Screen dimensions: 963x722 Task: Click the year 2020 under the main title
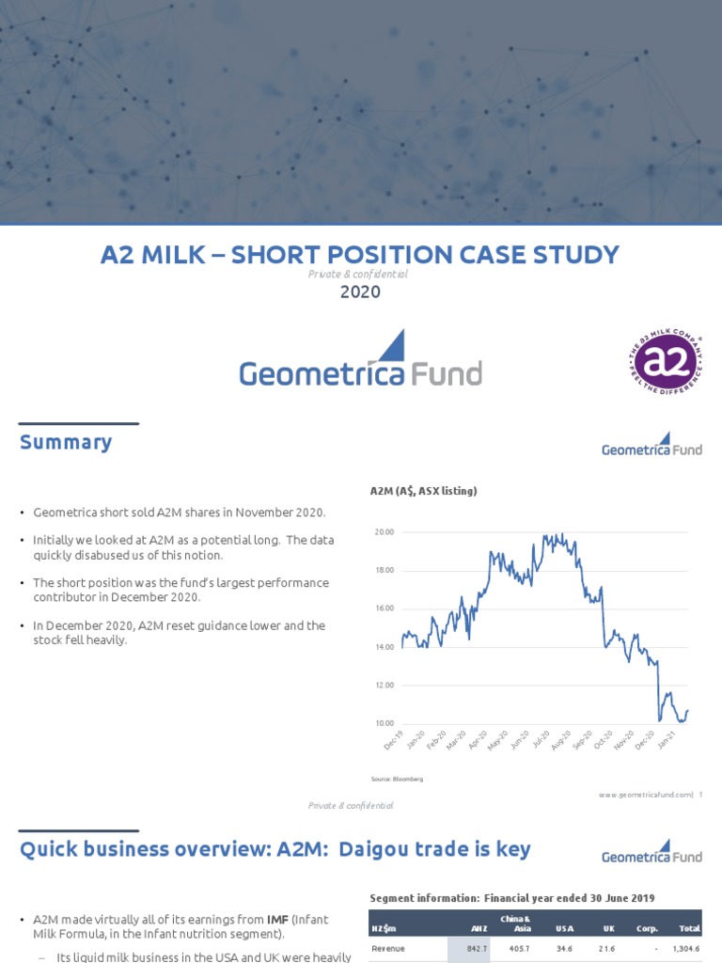[361, 292]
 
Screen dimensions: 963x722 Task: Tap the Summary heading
[66, 442]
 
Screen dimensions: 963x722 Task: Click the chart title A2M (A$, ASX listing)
[423, 491]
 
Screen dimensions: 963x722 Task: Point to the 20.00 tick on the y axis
[385, 532]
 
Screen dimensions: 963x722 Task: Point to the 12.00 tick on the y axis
[385, 686]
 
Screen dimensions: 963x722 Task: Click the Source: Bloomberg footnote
[398, 779]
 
